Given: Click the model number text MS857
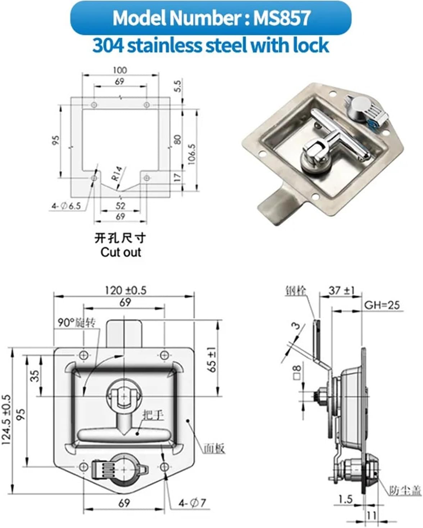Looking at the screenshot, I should pos(282,18).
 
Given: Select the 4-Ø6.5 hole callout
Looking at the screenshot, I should pos(66,206).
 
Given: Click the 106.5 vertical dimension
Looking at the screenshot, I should pos(192,155).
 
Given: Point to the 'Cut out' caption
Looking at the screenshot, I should pos(120,252).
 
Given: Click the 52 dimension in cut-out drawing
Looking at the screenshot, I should pos(120,205).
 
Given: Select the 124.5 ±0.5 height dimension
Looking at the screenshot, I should pos(7,419).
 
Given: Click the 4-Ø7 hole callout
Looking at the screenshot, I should pos(192,503).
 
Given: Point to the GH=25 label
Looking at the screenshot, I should pos(382,305).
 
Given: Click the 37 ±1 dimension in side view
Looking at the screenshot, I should pos(341,290).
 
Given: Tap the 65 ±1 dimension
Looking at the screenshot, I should pos(212,359).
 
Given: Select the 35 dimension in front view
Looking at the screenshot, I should pos(35,376).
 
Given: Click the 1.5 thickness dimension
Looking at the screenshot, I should pos(345,499).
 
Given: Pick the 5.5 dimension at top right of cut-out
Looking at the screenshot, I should pos(178,86).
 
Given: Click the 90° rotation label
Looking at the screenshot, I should pos(77,323).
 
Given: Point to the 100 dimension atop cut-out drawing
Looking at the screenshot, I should pos(120,70).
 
